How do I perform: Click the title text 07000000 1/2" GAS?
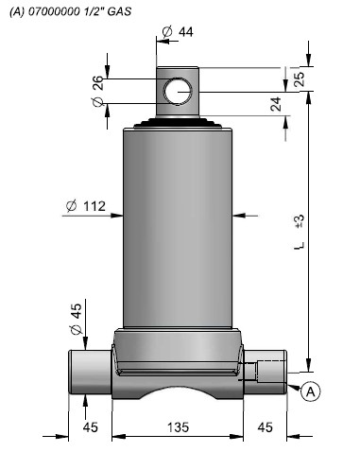coord(80,11)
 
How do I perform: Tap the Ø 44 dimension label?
coord(178,32)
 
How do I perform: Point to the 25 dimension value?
coord(299,78)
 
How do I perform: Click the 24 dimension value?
coord(276,104)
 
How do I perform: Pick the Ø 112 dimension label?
coord(86,206)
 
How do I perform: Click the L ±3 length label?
coord(300,232)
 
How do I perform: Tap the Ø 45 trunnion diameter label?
coord(76,319)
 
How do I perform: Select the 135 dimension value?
coord(178,427)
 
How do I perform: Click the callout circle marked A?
coord(310,391)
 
